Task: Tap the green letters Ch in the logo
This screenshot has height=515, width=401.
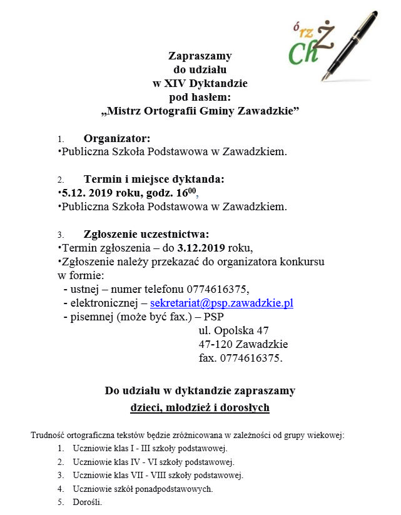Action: [x=303, y=53]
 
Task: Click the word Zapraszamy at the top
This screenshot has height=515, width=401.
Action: [x=200, y=56]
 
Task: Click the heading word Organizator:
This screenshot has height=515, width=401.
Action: [x=117, y=138]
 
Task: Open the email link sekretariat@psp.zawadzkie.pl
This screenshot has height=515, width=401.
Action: [x=222, y=303]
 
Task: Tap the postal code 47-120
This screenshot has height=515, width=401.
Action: [x=213, y=344]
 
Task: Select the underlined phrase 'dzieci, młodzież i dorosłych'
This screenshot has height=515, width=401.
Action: [x=200, y=407]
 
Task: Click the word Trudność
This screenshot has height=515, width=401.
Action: [x=48, y=435]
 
